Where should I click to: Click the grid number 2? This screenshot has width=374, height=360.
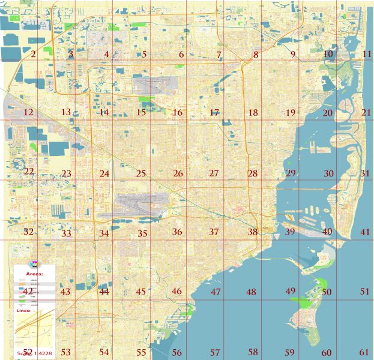point(33,55)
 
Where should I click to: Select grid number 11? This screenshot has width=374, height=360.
point(367,55)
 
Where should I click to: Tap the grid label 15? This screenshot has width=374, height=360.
point(141,112)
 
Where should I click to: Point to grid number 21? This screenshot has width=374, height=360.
point(366,112)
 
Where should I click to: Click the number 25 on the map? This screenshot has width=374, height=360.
point(141,174)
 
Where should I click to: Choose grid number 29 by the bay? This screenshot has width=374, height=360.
point(291,173)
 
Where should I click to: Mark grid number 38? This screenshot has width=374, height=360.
point(253,232)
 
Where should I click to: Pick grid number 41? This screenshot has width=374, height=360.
point(366,232)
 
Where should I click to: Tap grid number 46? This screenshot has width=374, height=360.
point(176,291)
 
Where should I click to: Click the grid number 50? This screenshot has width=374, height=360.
point(327,292)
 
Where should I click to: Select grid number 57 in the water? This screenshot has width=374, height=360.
point(215,352)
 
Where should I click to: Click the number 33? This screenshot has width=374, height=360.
point(66,233)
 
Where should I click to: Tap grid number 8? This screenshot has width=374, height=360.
point(256,55)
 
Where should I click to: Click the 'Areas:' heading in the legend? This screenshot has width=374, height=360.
point(34,272)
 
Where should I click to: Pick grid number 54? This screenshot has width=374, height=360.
point(104,352)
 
